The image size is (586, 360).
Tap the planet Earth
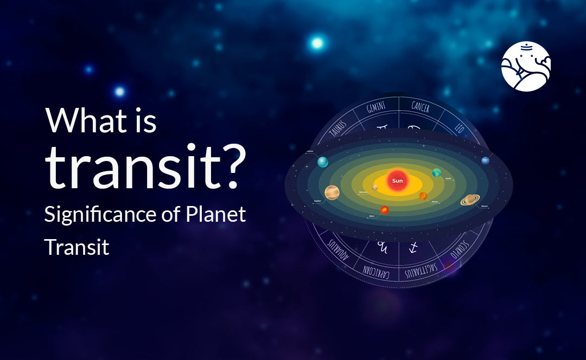[x=436, y=172]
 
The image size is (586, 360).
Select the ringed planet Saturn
[x=470, y=200]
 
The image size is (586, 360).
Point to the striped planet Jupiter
[x=332, y=192]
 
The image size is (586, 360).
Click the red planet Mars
[x=384, y=210]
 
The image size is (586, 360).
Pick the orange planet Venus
[x=423, y=196]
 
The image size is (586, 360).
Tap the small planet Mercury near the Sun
[x=375, y=188]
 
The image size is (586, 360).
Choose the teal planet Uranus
[x=323, y=162]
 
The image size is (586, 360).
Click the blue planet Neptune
[x=485, y=160]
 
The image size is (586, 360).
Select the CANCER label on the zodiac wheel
[x=421, y=108]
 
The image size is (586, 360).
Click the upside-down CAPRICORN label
[x=377, y=269]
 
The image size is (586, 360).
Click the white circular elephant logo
[x=526, y=66]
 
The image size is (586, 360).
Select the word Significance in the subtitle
[x=99, y=215]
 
